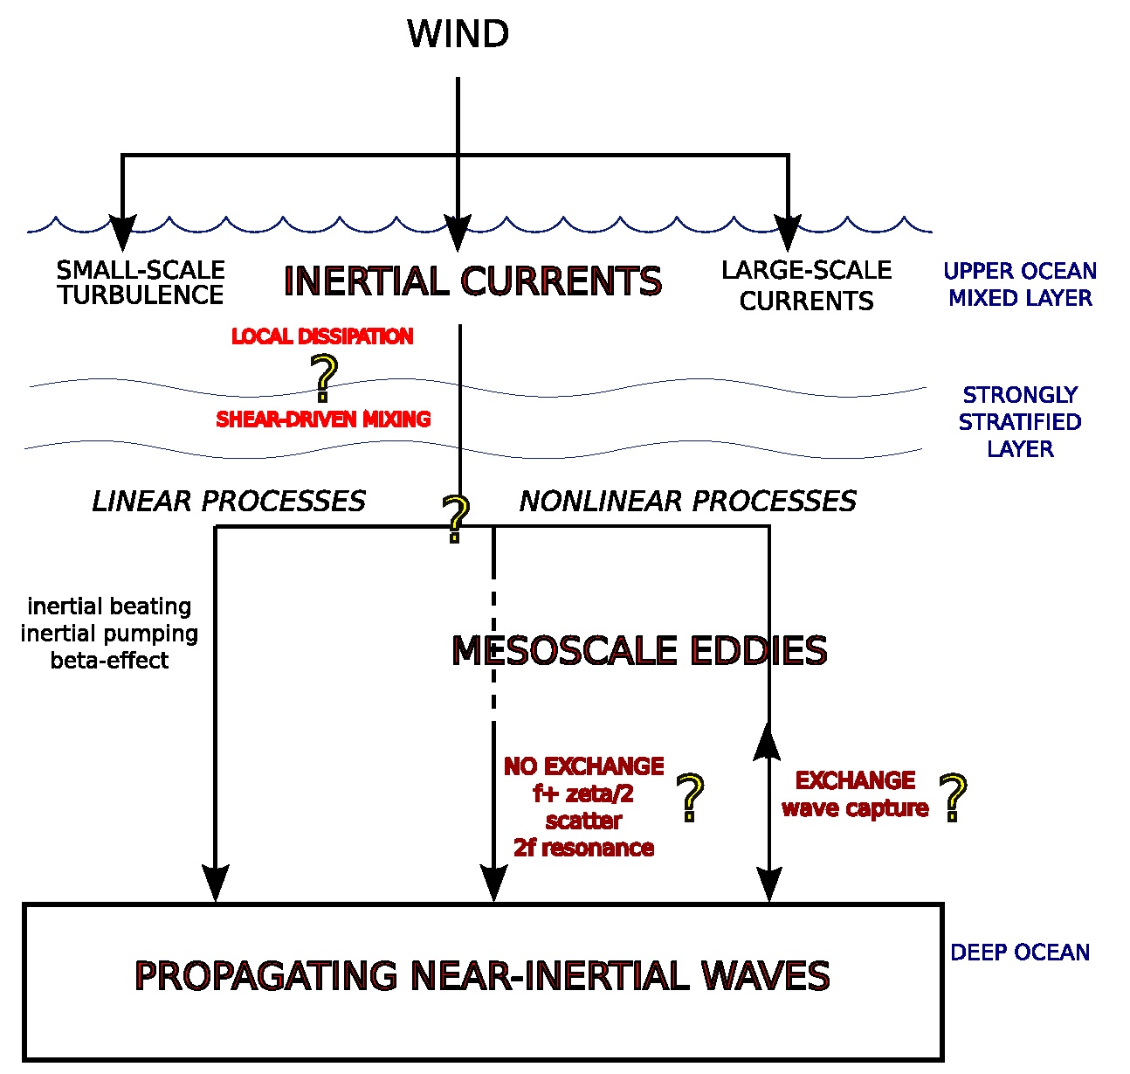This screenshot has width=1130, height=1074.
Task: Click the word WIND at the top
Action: pos(458,33)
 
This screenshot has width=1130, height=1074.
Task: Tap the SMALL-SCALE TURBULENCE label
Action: pos(141,282)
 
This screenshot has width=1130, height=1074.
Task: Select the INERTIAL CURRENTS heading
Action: pos(472,281)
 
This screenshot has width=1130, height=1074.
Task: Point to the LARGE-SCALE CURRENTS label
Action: pos(806,286)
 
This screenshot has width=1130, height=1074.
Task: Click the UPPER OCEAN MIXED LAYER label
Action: pos(1020,284)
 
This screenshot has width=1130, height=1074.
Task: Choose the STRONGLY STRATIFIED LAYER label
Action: pos(1020,422)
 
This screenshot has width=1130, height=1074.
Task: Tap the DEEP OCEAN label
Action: pos(1020,952)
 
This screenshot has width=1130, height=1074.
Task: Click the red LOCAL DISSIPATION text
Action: pos(322,336)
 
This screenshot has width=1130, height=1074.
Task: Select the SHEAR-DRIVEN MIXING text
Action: pos(323,419)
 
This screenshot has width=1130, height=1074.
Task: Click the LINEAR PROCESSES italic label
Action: pos(229,501)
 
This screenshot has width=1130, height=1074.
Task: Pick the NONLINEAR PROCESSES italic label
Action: pos(688,501)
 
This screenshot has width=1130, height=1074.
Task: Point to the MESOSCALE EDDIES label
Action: pos(639,650)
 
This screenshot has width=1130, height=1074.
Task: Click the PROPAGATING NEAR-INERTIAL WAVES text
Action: pos(482,975)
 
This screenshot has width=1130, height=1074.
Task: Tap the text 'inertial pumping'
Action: pos(109,634)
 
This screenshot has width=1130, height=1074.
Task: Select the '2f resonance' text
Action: pos(583,848)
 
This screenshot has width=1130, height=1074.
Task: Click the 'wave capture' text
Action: pos(855,808)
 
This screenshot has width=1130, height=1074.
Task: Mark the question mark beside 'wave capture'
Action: pos(953,797)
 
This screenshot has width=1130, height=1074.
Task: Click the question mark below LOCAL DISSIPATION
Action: pos(324,378)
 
